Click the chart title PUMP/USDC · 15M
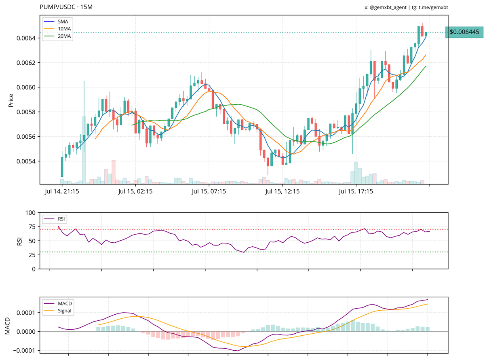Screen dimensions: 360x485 66,8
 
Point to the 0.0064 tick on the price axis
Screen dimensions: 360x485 27,38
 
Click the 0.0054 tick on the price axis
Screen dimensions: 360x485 27,161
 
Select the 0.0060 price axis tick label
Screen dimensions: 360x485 27,87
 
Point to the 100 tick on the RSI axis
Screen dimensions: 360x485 31,212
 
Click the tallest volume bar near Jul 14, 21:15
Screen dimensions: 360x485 84,150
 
